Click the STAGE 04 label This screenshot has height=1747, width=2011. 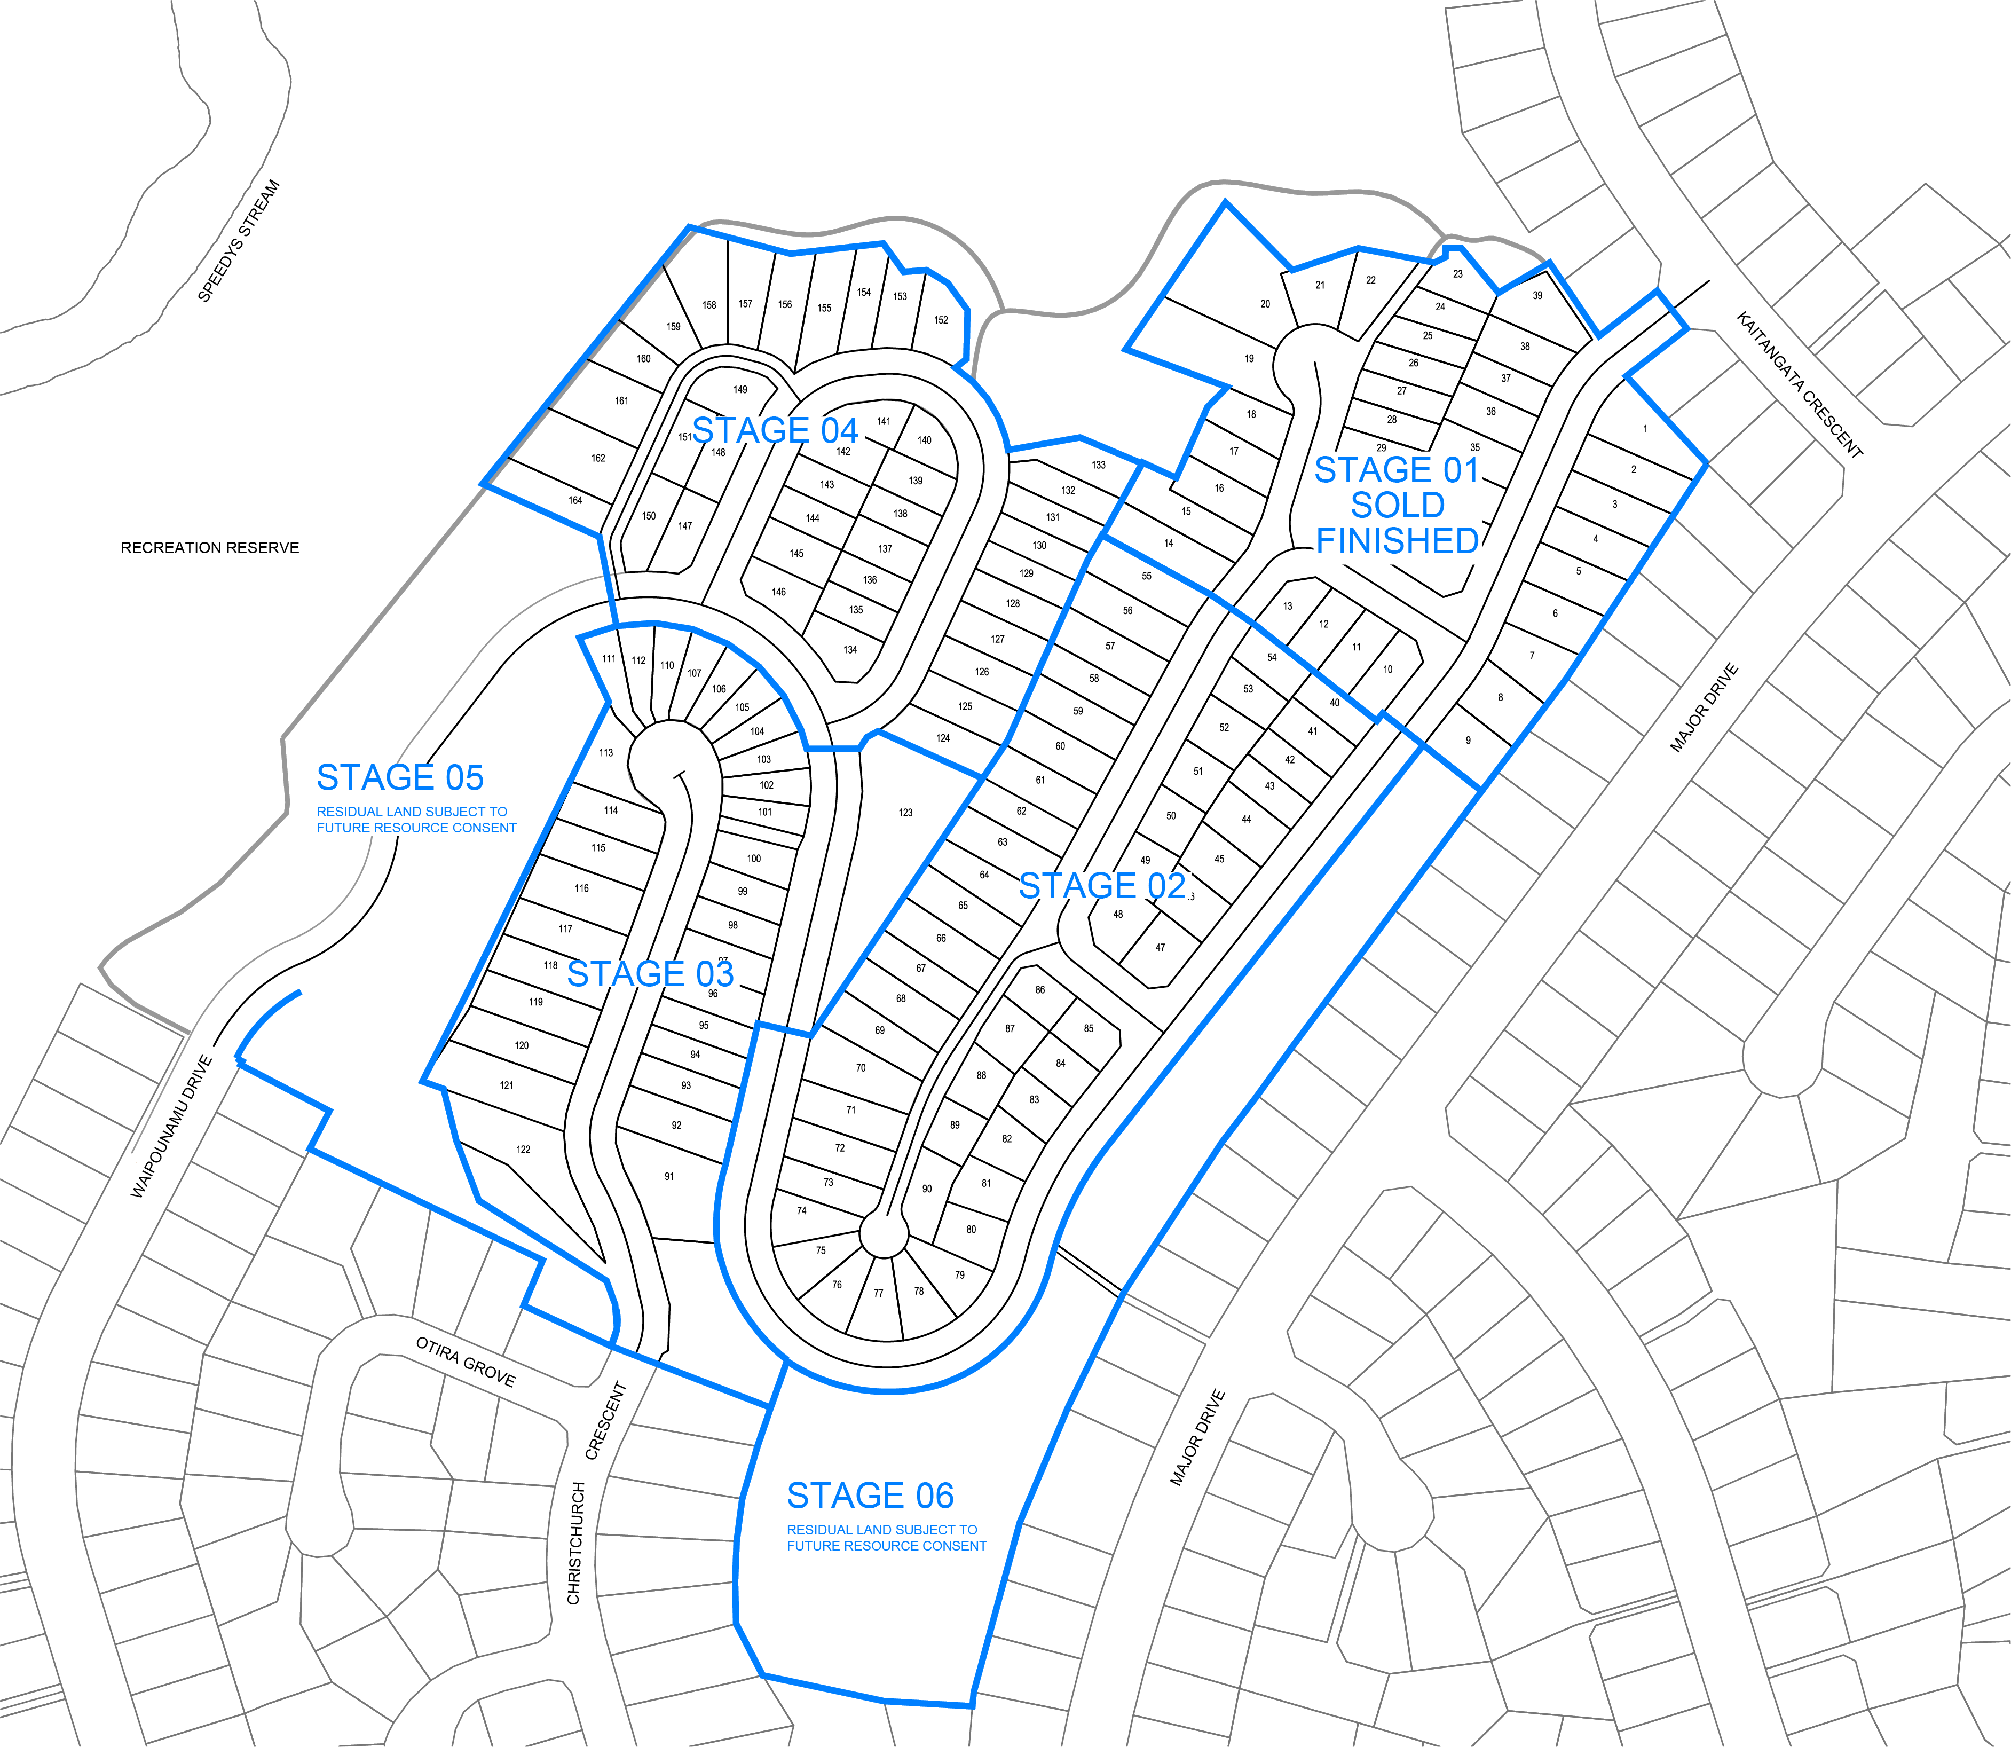(x=775, y=430)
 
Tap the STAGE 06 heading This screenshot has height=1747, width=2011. (x=870, y=1496)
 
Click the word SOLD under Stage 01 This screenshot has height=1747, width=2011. (x=1397, y=505)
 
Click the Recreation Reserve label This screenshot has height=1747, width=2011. (x=210, y=548)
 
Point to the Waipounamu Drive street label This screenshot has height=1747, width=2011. (x=171, y=1126)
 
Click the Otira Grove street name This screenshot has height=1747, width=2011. (x=465, y=1361)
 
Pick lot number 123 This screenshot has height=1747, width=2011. (x=905, y=812)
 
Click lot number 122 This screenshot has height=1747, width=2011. (x=524, y=1150)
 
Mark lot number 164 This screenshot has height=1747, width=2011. (x=575, y=500)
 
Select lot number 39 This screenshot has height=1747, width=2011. (x=1537, y=295)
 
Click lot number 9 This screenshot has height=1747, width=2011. (x=1468, y=740)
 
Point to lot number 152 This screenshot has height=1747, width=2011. (x=941, y=320)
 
